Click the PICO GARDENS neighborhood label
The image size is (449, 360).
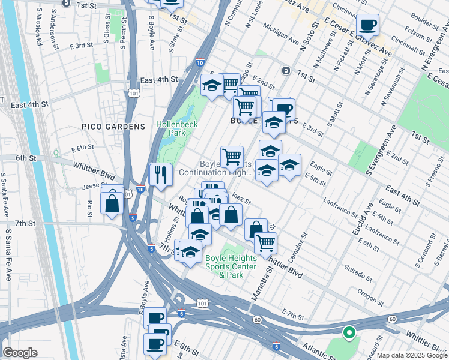[x=114, y=127]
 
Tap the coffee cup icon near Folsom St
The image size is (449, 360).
[x=367, y=26]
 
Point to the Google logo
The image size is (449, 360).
[x=20, y=353]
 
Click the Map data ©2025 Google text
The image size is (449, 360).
[x=412, y=355]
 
